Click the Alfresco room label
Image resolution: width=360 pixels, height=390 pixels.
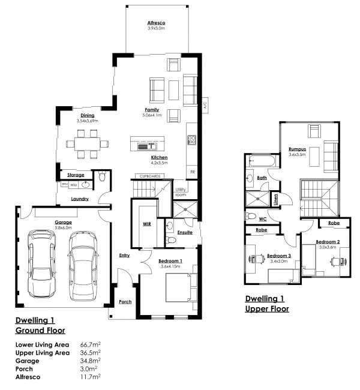tap(156, 23)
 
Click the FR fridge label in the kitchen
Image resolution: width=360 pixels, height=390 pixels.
tap(193, 172)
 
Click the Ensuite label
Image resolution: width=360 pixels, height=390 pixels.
tap(185, 232)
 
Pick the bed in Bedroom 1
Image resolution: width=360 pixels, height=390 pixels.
tap(179, 287)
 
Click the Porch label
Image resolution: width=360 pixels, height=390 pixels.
tap(125, 302)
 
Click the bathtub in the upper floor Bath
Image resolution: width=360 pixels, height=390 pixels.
tap(262, 162)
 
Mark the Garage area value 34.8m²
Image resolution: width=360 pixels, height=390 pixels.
tap(91, 361)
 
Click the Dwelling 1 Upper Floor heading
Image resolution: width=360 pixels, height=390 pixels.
tap(268, 304)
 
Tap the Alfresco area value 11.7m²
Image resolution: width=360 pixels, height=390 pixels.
tap(91, 378)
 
